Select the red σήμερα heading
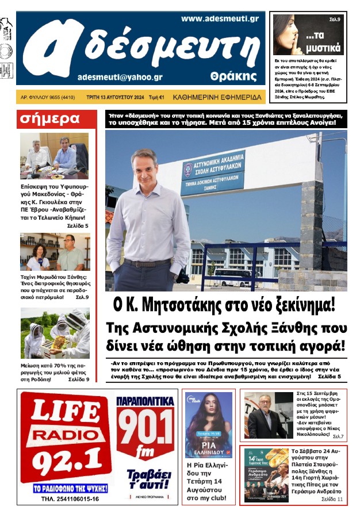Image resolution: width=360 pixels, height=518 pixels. (50, 119)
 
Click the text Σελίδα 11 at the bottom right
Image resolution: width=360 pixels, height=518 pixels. (332, 500)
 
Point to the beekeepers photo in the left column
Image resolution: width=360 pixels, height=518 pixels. (55, 333)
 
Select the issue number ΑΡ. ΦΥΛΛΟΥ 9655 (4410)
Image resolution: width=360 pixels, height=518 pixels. (48, 98)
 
